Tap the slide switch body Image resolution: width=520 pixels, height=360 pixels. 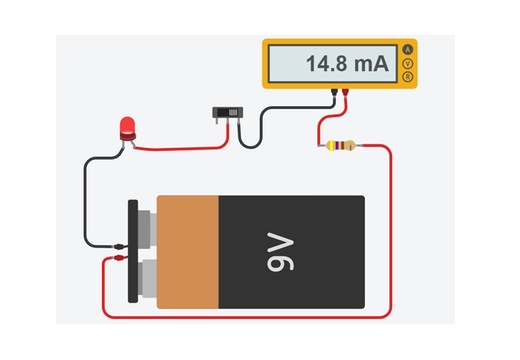(228, 112)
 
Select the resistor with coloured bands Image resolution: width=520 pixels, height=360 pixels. (340, 145)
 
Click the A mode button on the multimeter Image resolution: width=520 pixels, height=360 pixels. (407, 50)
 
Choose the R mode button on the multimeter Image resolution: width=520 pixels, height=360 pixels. (407, 77)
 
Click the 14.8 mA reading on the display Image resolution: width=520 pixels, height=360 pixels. (347, 63)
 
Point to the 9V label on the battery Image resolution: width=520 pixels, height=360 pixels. (280, 252)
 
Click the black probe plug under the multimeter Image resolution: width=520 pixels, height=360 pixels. (334, 92)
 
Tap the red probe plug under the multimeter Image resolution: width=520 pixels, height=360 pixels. (345, 92)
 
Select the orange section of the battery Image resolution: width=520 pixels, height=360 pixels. (188, 252)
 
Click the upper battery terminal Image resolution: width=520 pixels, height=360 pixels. (147, 229)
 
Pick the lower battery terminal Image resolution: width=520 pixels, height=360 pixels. (147, 278)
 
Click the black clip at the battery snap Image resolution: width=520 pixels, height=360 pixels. (119, 246)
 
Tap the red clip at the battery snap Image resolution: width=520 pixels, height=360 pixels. (119, 257)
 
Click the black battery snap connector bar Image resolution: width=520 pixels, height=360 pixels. (133, 251)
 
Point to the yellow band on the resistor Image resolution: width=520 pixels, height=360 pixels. (331, 145)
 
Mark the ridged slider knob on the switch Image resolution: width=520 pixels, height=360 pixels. (233, 112)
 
